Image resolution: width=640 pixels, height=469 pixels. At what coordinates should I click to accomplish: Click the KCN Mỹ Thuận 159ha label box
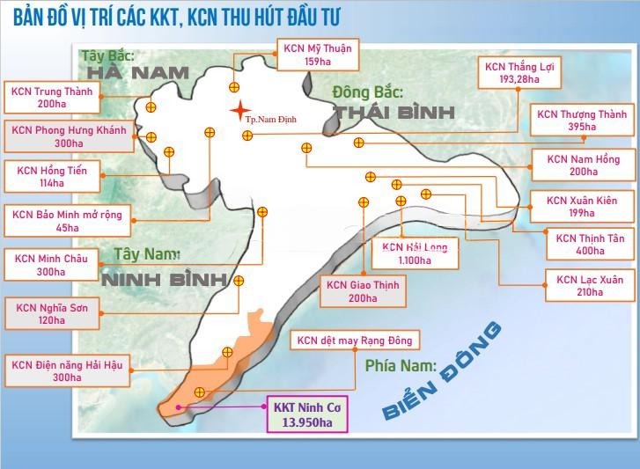(316, 55)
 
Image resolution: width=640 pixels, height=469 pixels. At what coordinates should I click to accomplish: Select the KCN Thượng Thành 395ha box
(576, 121)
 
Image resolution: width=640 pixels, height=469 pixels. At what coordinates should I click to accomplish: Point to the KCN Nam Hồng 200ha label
(583, 165)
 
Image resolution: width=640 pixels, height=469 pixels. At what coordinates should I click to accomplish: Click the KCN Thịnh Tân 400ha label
(589, 244)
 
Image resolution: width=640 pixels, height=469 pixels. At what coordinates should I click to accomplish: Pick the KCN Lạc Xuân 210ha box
(590, 285)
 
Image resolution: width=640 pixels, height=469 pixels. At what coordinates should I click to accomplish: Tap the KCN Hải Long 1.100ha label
(415, 253)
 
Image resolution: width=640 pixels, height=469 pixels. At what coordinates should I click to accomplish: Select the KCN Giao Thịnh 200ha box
(363, 291)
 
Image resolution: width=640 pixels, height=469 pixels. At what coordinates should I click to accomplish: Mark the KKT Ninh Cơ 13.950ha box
(307, 414)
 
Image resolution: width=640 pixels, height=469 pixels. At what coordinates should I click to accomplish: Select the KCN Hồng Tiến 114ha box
(54, 176)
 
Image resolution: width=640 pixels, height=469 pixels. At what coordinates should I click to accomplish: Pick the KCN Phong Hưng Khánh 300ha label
(68, 136)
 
